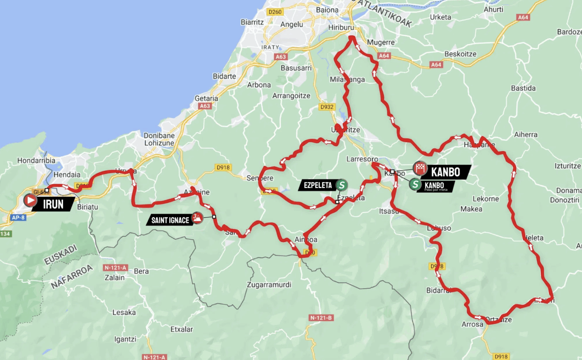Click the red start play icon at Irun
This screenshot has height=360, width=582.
pyautogui.click(x=30, y=200)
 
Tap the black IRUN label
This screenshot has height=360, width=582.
pyautogui.click(x=53, y=204)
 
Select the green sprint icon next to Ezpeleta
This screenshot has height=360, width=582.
pyautogui.click(x=341, y=185)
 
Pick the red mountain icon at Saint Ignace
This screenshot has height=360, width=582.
pyautogui.click(x=197, y=217)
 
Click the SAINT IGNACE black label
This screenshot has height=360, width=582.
pyautogui.click(x=170, y=220)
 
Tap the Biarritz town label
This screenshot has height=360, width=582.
pyautogui.click(x=252, y=22)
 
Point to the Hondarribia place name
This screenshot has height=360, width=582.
pyautogui.click(x=36, y=161)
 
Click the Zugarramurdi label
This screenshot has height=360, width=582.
pyautogui.click(x=269, y=285)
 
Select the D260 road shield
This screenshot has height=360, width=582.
pyautogui.click(x=275, y=12)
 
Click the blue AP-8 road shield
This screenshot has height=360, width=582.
pyautogui.click(x=18, y=218)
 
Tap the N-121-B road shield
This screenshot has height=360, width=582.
pyautogui.click(x=321, y=318)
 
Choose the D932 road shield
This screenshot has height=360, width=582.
pyautogui.click(x=327, y=107)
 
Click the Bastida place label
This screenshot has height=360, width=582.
pyautogui.click(x=523, y=88)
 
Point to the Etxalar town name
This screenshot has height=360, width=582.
pyautogui.click(x=182, y=329)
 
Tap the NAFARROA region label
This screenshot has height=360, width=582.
pyautogui.click(x=72, y=277)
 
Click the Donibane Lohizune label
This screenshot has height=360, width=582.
pyautogui.click(x=159, y=139)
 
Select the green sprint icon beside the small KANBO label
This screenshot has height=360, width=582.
pyautogui.click(x=415, y=184)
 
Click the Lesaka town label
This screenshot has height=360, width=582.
pyautogui.click(x=124, y=312)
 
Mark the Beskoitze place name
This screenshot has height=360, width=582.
pyautogui.click(x=460, y=54)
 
